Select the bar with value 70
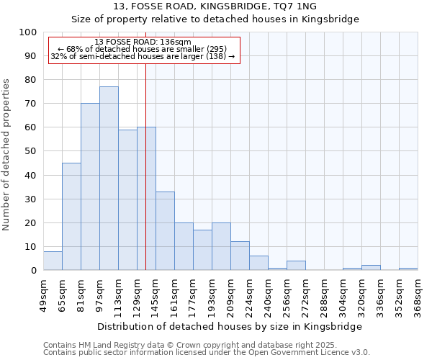[x=90, y=187]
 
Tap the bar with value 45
[x=71, y=217]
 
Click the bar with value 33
[x=165, y=231]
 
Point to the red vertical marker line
[x=145, y=144]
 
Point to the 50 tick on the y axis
[x=31, y=151]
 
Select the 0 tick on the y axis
[x=34, y=271]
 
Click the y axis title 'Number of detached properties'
[x=6, y=155]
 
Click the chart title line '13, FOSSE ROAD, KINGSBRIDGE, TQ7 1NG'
[x=215, y=6]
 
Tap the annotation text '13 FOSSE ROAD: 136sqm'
[x=143, y=42]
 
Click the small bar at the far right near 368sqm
[x=408, y=269]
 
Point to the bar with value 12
[x=240, y=256]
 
